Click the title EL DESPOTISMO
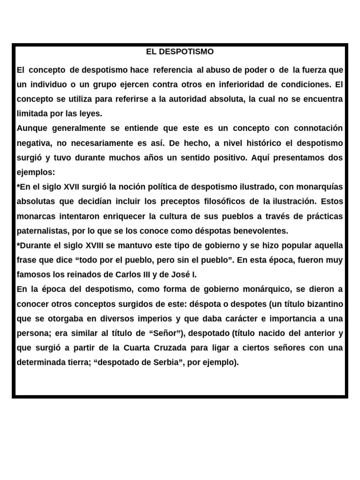pos(180,52)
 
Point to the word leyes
pos(90,113)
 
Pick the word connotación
pos(318,128)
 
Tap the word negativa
pos(33,143)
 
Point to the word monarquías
pos(318,187)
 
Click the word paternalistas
pos(44,231)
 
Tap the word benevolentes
pos(262,231)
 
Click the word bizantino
pos(324,304)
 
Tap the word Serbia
pos(168,362)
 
